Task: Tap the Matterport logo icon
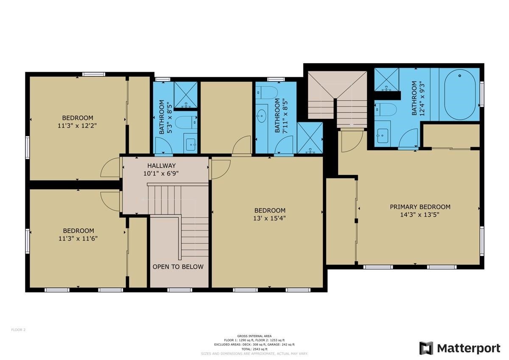pos(426,348)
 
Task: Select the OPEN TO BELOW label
pos(178,267)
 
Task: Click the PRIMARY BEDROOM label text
pos(420,207)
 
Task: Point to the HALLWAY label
pos(161,166)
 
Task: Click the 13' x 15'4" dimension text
pos(270,218)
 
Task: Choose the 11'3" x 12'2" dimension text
pos(78,126)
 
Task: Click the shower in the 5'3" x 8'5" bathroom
pos(185,94)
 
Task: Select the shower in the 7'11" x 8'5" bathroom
pos(310,138)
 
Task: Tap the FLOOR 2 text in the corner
pos(18,329)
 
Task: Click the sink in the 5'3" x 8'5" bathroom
pos(191,143)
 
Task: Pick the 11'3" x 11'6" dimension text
pos(78,239)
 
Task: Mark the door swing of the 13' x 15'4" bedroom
pos(221,169)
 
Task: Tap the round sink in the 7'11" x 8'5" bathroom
pos(262,114)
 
